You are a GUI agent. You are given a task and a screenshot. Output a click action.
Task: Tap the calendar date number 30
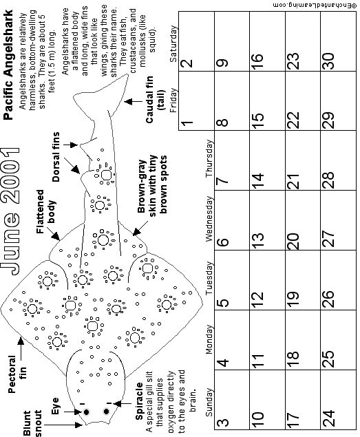click(329, 61)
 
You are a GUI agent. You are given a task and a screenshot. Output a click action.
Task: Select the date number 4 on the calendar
click(222, 363)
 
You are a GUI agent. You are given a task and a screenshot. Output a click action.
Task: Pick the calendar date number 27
click(329, 239)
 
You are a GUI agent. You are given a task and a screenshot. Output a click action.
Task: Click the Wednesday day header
click(209, 219)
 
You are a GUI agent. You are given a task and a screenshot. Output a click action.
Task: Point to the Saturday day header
click(173, 44)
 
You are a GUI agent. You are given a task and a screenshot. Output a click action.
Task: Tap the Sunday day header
click(209, 402)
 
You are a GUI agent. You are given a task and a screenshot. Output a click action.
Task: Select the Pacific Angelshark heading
click(8, 65)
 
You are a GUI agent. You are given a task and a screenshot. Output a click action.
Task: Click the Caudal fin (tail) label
click(155, 99)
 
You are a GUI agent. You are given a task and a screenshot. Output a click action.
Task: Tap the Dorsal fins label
click(56, 157)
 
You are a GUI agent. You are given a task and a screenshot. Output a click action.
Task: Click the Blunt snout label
click(32, 423)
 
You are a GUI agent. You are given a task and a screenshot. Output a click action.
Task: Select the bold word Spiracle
click(139, 401)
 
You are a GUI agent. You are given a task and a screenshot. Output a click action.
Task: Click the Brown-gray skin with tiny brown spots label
click(152, 184)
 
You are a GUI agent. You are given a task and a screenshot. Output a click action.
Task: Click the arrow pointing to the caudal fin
click(133, 101)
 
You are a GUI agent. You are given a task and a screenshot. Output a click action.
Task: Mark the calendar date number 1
click(187, 122)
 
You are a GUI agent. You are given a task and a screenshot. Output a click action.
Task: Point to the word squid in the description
click(152, 43)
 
